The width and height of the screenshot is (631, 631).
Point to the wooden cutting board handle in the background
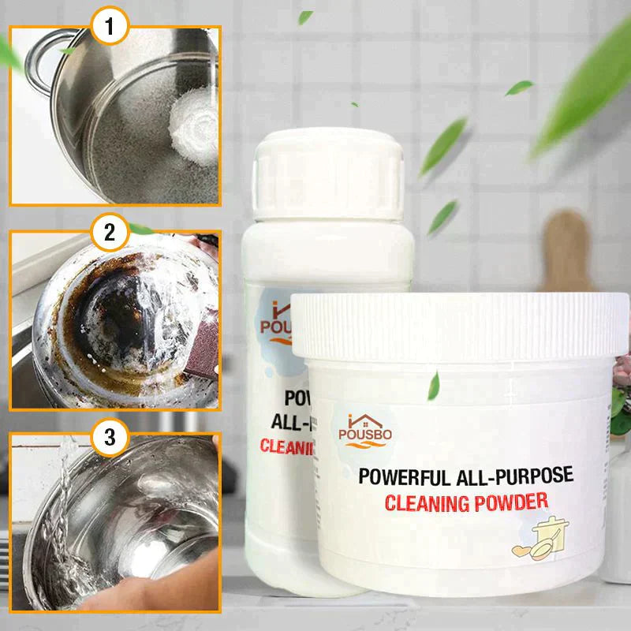[567, 237]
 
